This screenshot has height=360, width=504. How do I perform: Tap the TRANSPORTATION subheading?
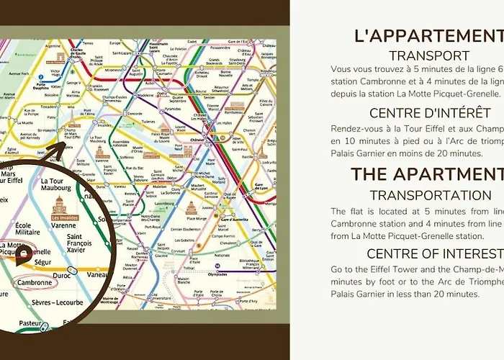[430, 195]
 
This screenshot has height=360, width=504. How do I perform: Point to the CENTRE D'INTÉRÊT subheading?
[430, 113]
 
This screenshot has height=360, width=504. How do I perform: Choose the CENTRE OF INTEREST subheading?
[434, 253]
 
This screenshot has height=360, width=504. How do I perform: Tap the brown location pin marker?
[23, 253]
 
